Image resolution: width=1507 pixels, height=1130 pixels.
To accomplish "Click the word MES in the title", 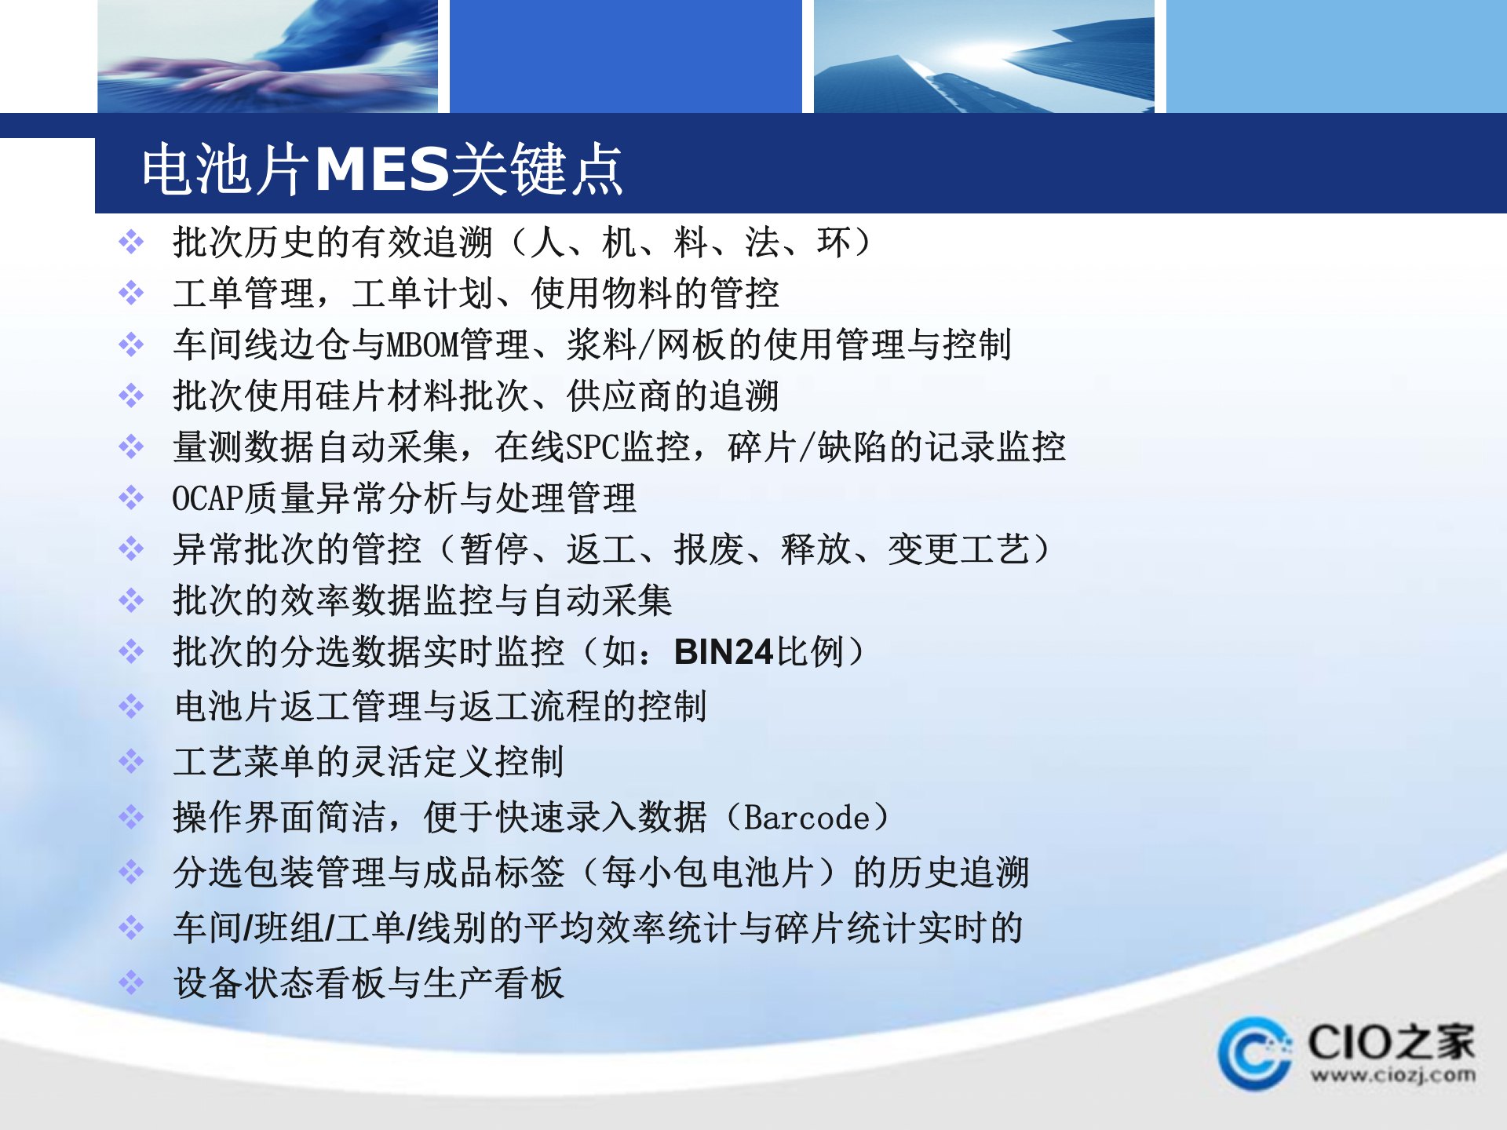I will pyautogui.click(x=381, y=169).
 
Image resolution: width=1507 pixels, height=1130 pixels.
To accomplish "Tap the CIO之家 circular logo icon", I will pyautogui.click(x=1254, y=1054).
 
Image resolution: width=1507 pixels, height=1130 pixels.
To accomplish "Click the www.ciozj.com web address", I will pyautogui.click(x=1392, y=1075).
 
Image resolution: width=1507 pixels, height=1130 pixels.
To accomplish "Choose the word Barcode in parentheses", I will pyautogui.click(x=807, y=818).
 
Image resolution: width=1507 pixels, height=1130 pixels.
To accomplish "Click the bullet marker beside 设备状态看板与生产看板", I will pyautogui.click(x=131, y=982).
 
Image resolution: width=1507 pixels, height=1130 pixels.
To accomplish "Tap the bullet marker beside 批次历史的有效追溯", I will pyautogui.click(x=131, y=242).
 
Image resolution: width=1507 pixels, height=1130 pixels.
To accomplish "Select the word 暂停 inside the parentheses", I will pyautogui.click(x=494, y=549).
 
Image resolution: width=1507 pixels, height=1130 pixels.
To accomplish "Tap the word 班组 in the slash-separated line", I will pyautogui.click(x=289, y=928).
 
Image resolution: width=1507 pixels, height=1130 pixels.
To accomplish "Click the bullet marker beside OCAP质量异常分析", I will pyautogui.click(x=131, y=498).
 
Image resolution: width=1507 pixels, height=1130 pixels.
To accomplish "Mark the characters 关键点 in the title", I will pyautogui.click(x=537, y=169).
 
